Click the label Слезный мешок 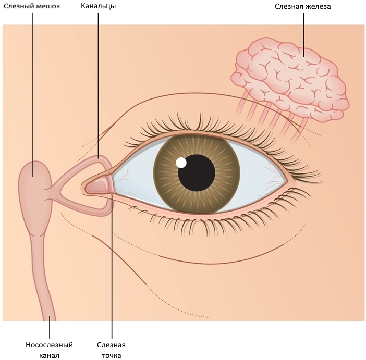32,6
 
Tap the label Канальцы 98,6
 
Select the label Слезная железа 302,6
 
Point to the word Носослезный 49,345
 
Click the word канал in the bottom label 49,355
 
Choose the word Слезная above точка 112,345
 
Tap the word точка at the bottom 112,355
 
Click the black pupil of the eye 197,173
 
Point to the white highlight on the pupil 181,163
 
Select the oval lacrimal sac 35,189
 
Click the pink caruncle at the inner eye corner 99,185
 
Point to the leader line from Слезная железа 303,34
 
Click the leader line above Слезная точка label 112,266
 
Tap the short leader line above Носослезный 50,327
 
